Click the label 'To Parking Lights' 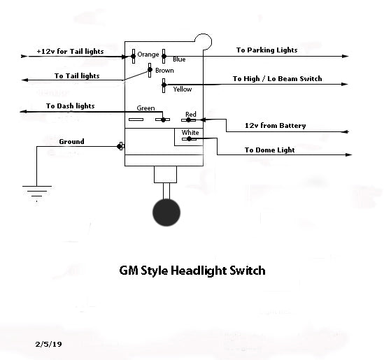266,50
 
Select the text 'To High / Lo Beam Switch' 277,79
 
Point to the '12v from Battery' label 275,126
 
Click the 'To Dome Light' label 269,150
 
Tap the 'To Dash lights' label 71,106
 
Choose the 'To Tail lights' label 77,75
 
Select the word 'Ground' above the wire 71,141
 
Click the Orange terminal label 148,55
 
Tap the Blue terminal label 179,59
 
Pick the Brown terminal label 164,71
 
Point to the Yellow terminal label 182,89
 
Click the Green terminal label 145,108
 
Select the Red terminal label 190,114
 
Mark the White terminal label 190,132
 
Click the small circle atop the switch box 203,41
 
